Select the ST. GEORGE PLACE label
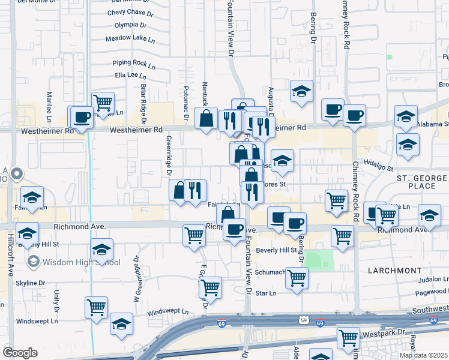tap(422, 182)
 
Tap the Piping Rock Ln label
tap(133, 62)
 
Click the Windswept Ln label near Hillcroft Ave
tap(33, 321)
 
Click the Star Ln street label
tap(265, 293)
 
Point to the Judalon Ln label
tap(433, 279)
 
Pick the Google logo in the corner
tap(20, 353)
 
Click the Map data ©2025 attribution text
tap(423, 355)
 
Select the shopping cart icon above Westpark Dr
tap(348, 338)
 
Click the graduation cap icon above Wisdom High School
tap(102, 250)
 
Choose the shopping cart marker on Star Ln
tap(297, 278)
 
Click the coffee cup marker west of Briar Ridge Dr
tap(82, 117)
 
